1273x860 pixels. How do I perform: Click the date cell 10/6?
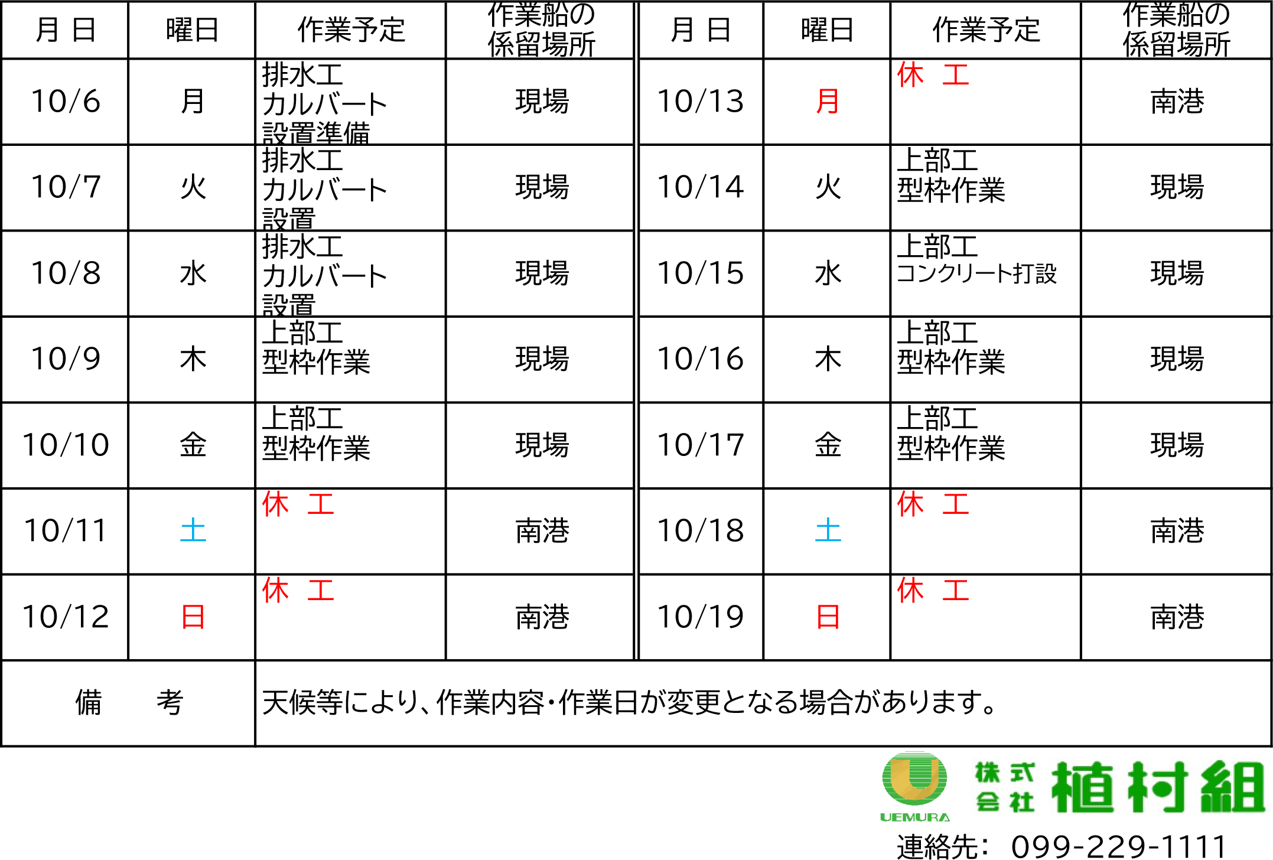coord(66,101)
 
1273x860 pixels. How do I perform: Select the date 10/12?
coord(66,617)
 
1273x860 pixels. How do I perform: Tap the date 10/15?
coord(701,273)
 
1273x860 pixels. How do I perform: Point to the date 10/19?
coord(701,617)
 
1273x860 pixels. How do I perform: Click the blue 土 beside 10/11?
coord(193,530)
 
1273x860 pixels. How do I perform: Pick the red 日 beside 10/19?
coord(828,617)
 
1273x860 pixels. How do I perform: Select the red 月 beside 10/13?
coord(828,101)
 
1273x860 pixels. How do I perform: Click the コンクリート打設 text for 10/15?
coord(976,273)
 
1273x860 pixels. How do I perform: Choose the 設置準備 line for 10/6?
coord(316,133)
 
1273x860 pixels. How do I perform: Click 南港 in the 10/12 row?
coord(542,617)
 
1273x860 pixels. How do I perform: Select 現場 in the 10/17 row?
coord(1177,445)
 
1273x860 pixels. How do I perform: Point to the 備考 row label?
coord(129,703)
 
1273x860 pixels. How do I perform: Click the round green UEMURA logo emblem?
coord(914,779)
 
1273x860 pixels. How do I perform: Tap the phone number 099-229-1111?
coord(1119,846)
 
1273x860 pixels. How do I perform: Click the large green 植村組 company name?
coord(1158,787)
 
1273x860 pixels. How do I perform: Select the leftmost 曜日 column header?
coord(193,30)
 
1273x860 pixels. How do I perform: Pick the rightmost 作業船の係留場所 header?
coord(1176,30)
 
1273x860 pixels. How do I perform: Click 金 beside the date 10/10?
coord(193,445)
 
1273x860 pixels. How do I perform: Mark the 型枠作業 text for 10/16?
coord(951,361)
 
